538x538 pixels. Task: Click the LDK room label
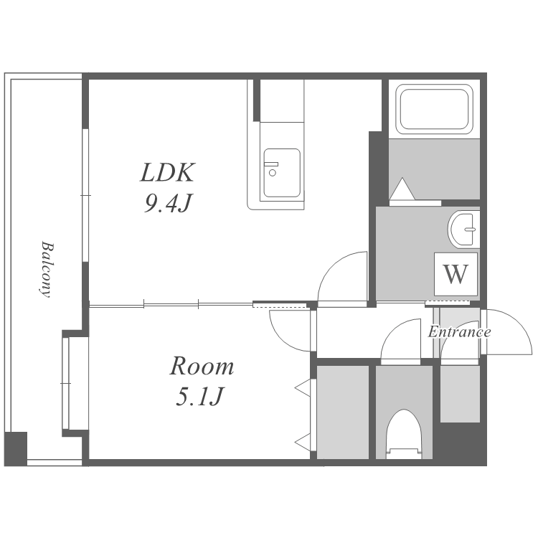click(168, 172)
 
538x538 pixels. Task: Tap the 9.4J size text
click(168, 203)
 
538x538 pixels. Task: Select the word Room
click(202, 366)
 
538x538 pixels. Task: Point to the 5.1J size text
click(199, 397)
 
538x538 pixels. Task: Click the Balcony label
click(47, 269)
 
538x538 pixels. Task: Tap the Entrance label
click(459, 332)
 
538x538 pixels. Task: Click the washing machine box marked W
click(456, 274)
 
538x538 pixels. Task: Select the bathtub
click(434, 109)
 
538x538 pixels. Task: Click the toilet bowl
click(404, 434)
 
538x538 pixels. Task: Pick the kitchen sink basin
click(282, 173)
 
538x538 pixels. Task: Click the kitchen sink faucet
click(271, 169)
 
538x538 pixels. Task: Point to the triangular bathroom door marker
click(402, 189)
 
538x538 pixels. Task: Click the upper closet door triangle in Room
click(303, 388)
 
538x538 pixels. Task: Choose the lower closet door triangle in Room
click(303, 442)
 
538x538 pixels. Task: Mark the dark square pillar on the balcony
click(16, 449)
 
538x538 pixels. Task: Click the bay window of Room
click(66, 383)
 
